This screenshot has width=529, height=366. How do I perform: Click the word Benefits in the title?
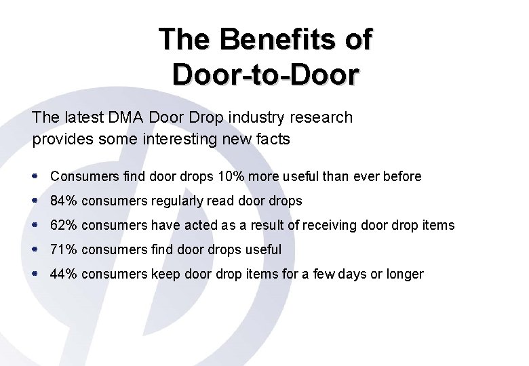(279, 39)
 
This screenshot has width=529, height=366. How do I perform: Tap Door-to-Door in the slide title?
(264, 74)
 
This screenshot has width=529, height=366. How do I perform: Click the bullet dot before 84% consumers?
(35, 201)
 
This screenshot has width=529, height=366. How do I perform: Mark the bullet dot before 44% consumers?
(35, 274)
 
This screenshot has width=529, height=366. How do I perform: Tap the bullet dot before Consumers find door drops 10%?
(35, 176)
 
